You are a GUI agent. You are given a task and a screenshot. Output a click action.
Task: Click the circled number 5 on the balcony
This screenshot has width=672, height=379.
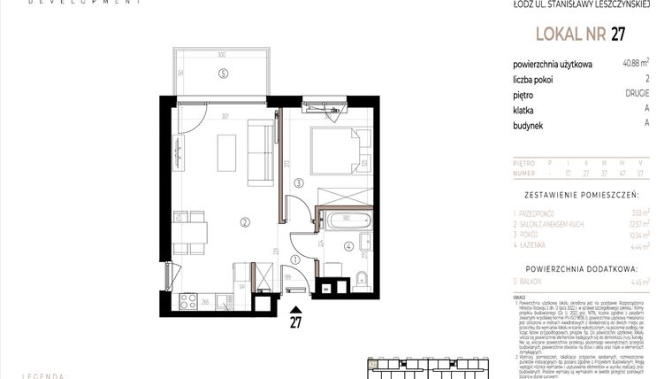click(224, 73)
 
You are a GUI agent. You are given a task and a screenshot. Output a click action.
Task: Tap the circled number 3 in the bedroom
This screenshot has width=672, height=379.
click(299, 183)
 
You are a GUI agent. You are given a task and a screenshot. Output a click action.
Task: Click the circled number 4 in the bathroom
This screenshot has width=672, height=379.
click(348, 246)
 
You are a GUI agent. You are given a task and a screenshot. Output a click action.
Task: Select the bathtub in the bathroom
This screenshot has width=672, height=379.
click(345, 220)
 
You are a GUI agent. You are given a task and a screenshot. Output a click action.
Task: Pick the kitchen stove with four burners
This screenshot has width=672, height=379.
click(188, 300)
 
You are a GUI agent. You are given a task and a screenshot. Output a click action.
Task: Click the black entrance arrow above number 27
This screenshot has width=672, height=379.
click(295, 309)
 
